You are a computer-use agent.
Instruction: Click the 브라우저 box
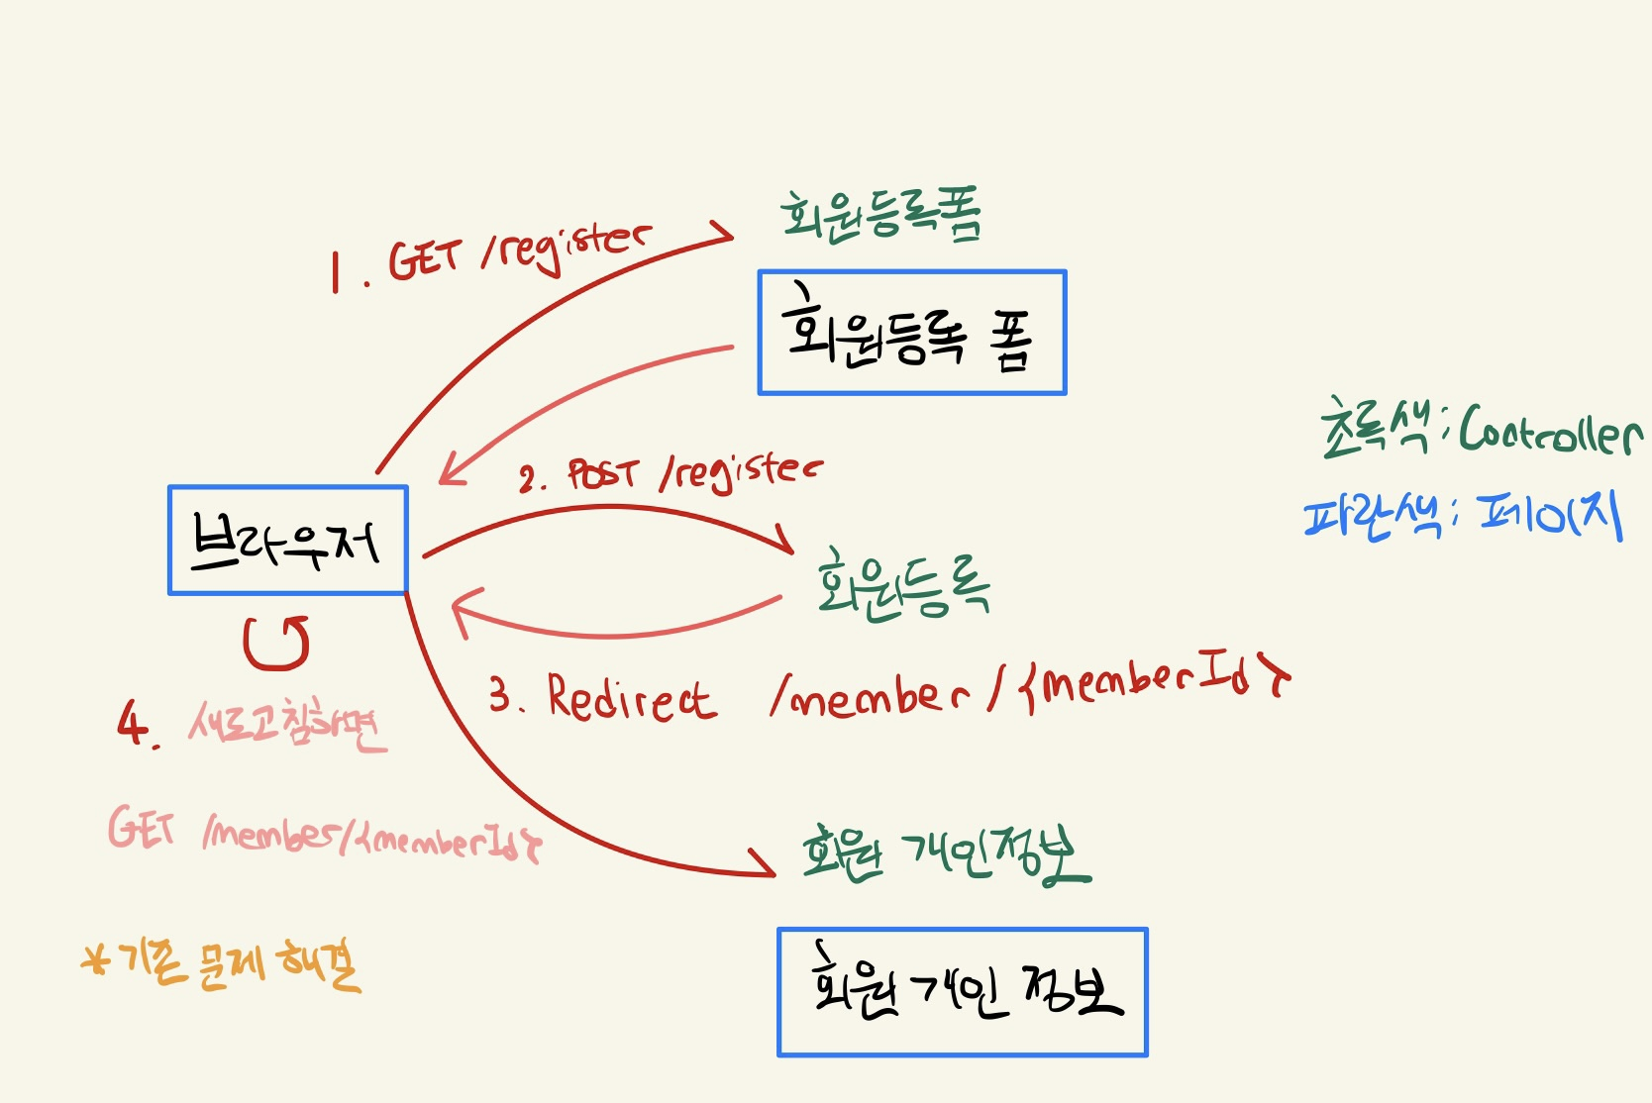pyautogui.click(x=287, y=540)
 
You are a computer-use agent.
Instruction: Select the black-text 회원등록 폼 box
pyautogui.click(x=911, y=333)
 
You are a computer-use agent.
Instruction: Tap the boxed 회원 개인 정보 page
pyautogui.click(x=962, y=992)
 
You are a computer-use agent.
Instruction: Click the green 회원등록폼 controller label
pyautogui.click(x=880, y=215)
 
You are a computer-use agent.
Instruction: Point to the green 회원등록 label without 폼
pyautogui.click(x=902, y=585)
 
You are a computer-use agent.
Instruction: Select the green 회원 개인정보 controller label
pyautogui.click(x=945, y=853)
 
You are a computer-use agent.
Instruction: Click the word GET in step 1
pyautogui.click(x=425, y=259)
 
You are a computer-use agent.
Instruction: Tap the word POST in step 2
pyautogui.click(x=603, y=475)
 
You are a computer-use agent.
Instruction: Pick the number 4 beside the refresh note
pyautogui.click(x=132, y=723)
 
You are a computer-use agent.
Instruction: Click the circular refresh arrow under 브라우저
pyautogui.click(x=276, y=643)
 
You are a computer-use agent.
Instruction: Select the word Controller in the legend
pyautogui.click(x=1549, y=431)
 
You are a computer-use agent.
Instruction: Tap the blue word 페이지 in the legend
pyautogui.click(x=1550, y=515)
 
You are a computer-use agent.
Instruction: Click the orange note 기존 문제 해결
pyautogui.click(x=223, y=962)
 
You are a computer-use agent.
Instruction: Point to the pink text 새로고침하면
pyautogui.click(x=287, y=726)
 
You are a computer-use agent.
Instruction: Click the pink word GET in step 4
pyautogui.click(x=142, y=827)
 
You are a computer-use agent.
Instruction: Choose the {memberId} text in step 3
pyautogui.click(x=1154, y=682)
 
